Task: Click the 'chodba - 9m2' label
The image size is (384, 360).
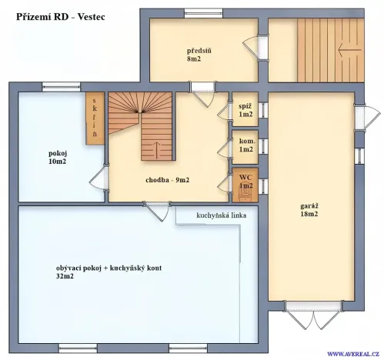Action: pos(167,180)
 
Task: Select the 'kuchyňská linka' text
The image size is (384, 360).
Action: pos(221,215)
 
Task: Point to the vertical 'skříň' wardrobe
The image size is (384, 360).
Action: pos(94,118)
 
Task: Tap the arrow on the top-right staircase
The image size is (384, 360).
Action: pos(349,49)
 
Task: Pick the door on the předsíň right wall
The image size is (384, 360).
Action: pos(252,47)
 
